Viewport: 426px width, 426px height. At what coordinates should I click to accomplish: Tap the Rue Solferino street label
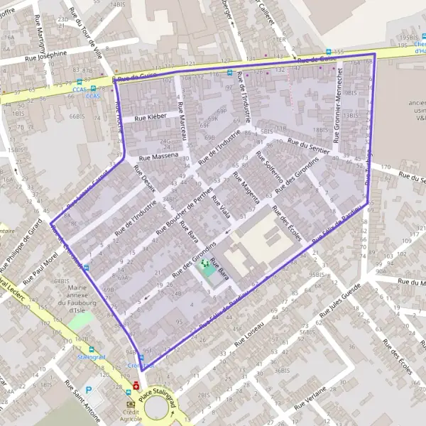[x=264, y=174]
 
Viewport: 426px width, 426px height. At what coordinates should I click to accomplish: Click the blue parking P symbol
[x=88, y=390]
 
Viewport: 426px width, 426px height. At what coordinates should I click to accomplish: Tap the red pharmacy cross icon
[x=136, y=386]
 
